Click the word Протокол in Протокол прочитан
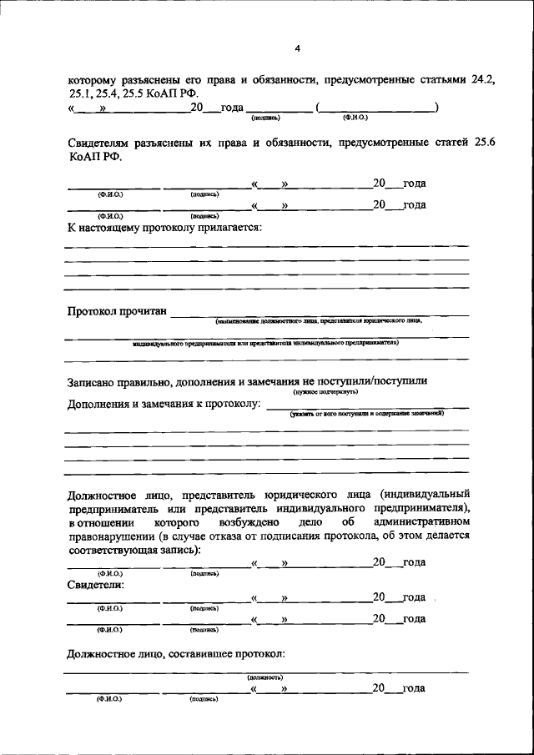(93, 312)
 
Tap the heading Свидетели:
(95, 585)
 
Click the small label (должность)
(264, 677)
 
